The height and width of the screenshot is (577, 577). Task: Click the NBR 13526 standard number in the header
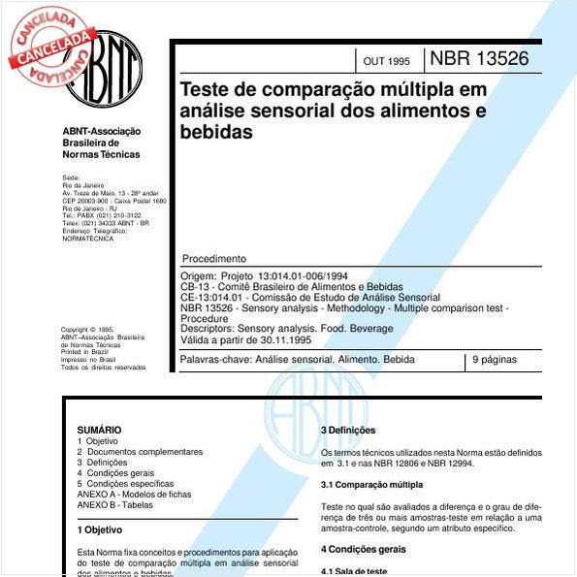(x=479, y=58)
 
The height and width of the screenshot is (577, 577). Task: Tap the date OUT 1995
(x=386, y=61)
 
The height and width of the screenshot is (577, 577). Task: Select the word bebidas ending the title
(x=215, y=132)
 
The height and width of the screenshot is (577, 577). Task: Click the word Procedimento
(x=213, y=259)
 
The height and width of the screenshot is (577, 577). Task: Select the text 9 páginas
(x=495, y=360)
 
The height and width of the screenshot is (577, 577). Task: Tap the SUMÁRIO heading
(x=99, y=430)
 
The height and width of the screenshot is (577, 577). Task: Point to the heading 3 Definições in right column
(x=348, y=430)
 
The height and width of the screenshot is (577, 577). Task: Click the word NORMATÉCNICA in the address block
(x=87, y=239)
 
